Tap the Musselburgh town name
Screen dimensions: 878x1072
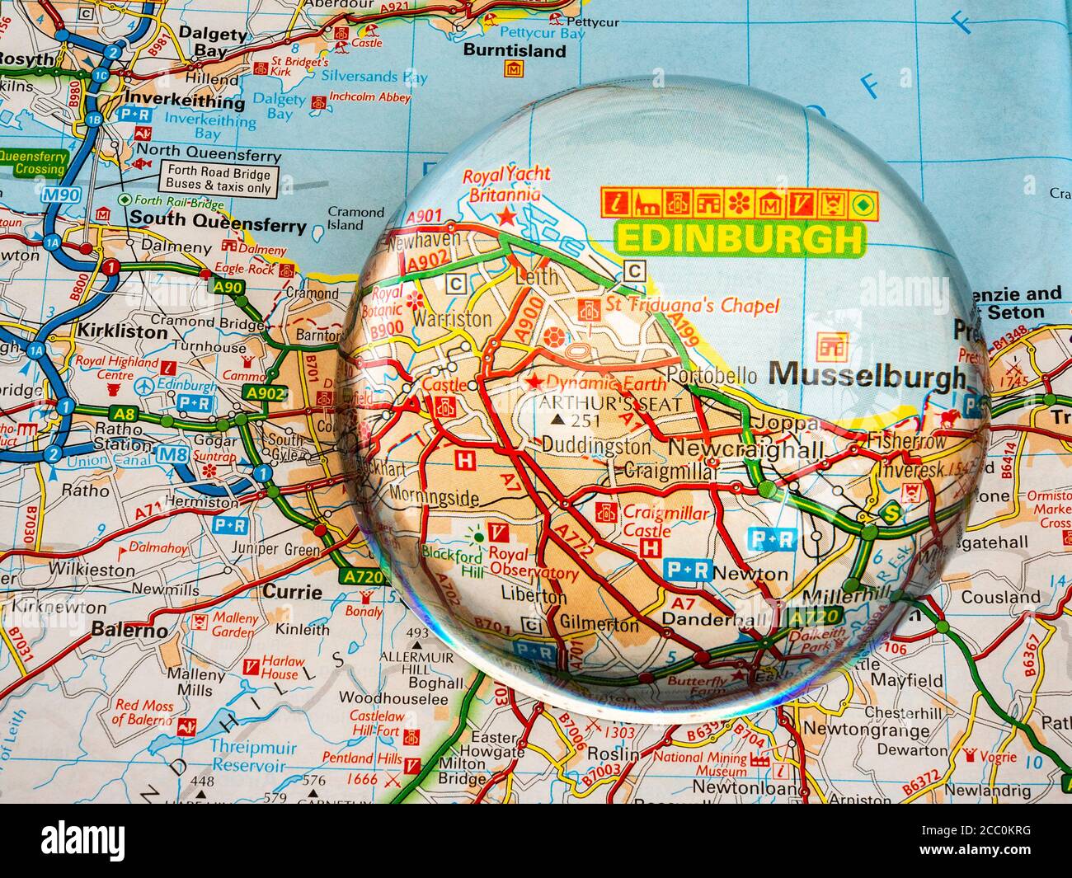pyautogui.click(x=865, y=376)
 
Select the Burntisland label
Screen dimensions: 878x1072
pyautogui.click(x=526, y=50)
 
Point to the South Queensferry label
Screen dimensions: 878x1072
pyautogui.click(x=218, y=221)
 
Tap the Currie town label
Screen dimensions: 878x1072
pyautogui.click(x=292, y=591)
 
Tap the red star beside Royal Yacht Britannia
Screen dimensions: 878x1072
pyautogui.click(x=505, y=217)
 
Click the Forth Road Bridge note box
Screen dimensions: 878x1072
pyautogui.click(x=219, y=181)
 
